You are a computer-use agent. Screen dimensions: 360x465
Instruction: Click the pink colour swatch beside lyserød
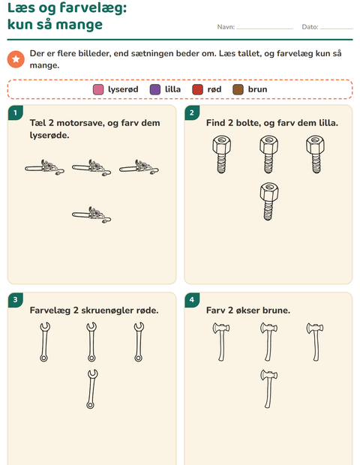(x=98, y=89)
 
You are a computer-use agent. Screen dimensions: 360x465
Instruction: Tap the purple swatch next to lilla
(x=155, y=89)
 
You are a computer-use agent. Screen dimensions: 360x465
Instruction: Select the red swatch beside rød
(x=197, y=89)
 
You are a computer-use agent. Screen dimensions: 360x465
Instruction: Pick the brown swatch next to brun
(x=238, y=89)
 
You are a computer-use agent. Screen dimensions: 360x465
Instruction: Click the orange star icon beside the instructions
(x=16, y=59)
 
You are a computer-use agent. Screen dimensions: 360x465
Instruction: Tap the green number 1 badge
(x=16, y=112)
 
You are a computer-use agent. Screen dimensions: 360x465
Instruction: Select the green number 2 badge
(x=192, y=112)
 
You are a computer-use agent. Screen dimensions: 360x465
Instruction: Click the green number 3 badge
(x=16, y=300)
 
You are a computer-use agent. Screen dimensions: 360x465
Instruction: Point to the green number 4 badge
(x=192, y=300)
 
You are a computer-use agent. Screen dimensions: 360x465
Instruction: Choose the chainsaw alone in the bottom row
(x=91, y=214)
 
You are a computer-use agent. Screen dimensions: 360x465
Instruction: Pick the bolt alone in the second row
(x=268, y=201)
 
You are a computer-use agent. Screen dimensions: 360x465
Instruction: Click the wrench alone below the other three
(x=91, y=389)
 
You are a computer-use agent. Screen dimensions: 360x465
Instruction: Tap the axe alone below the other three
(x=268, y=388)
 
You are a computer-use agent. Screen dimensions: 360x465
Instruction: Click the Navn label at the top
(x=226, y=27)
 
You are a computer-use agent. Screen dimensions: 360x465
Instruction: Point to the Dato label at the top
(x=310, y=27)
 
